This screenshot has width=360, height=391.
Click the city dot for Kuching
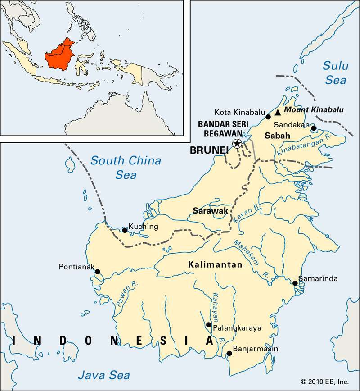pos(125,230)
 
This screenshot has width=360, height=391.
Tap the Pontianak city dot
pos(97,271)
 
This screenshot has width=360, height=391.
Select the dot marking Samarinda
pos(295,283)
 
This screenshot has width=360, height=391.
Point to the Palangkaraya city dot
pos(208,324)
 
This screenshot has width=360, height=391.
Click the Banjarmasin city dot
pos(229,353)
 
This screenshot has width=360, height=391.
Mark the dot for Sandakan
pos(314,128)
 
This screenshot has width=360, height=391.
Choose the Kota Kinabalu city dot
pos(268,117)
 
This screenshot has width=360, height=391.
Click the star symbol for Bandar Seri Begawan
pos(236,143)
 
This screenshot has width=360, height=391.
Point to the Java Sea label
pos(104,375)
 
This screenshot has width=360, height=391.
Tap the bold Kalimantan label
pos(215,265)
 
